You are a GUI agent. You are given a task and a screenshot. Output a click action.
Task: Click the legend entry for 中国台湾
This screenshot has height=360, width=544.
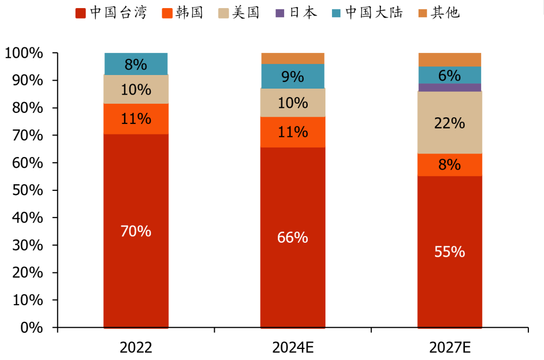(x=112, y=13)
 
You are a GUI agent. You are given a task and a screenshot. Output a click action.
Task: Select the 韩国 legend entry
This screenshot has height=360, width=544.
(x=183, y=13)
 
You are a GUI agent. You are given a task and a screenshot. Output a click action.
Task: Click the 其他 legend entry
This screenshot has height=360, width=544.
(x=439, y=13)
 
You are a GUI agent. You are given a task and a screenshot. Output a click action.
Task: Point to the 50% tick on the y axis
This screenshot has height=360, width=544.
(x=25, y=191)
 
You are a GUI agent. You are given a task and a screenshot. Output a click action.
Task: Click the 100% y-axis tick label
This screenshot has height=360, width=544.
(x=24, y=53)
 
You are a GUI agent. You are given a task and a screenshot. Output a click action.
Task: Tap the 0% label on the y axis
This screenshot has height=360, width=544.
(x=32, y=328)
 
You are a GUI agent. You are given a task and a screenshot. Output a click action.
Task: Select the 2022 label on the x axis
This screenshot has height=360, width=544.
(x=136, y=347)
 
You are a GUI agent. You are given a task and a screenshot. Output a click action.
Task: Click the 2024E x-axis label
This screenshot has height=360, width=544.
(x=292, y=347)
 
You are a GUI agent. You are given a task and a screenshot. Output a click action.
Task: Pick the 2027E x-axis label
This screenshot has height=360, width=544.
(x=449, y=347)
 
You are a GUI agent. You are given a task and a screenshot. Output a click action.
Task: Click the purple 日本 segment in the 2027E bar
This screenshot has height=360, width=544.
(x=449, y=88)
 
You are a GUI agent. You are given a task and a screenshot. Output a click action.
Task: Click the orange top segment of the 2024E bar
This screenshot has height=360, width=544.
(x=292, y=58)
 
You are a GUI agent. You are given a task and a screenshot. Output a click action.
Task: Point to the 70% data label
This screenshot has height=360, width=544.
(x=136, y=231)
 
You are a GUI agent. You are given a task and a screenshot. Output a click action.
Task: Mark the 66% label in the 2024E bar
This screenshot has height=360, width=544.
(x=292, y=238)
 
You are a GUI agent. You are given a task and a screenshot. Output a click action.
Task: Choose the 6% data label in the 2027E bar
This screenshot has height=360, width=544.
(x=449, y=76)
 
